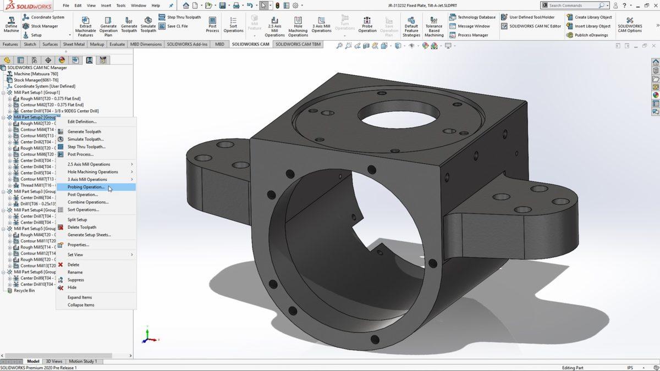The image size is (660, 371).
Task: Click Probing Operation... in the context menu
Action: click(x=86, y=187)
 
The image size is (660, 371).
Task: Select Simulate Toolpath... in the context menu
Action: click(x=85, y=139)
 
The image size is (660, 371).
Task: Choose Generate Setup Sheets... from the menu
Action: click(x=89, y=235)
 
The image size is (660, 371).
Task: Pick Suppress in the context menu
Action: click(x=76, y=280)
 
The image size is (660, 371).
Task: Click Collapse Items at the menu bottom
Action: click(x=81, y=305)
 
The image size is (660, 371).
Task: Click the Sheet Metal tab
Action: click(x=74, y=44)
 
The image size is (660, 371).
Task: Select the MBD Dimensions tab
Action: click(x=146, y=44)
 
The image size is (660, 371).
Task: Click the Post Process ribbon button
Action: click(x=212, y=24)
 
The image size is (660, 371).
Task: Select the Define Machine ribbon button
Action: click(x=11, y=24)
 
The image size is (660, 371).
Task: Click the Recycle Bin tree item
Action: click(x=24, y=290)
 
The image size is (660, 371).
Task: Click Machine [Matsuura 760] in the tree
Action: click(x=36, y=74)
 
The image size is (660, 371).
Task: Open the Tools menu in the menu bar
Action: click(x=120, y=5)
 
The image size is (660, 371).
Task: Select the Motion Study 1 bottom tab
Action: click(x=82, y=361)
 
